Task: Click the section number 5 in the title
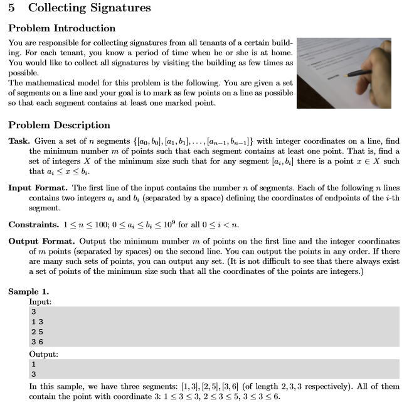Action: (x=12, y=8)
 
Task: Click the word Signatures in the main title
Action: (x=120, y=8)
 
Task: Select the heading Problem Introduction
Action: (x=61, y=28)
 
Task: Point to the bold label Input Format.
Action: (x=38, y=188)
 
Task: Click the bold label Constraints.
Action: (x=33, y=225)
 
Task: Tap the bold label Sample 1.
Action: (x=28, y=291)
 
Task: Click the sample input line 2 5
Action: (x=36, y=332)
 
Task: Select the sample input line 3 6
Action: (x=36, y=342)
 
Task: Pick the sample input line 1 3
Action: (x=36, y=322)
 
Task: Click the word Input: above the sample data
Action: (x=40, y=301)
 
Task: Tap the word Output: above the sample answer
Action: (x=43, y=354)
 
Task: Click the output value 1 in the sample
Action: (x=33, y=364)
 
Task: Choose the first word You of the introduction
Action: (x=15, y=43)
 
